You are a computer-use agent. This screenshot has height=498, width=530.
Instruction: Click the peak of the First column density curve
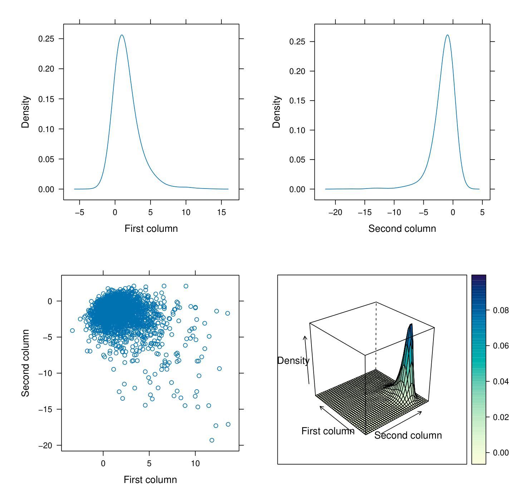coord(122,35)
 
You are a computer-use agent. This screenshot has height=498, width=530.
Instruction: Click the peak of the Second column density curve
coord(447,35)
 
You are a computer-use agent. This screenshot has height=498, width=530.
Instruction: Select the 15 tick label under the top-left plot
coord(221,212)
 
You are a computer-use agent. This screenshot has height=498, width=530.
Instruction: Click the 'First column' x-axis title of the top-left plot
coord(151,229)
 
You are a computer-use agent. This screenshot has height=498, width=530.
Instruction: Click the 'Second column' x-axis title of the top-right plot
coord(402,229)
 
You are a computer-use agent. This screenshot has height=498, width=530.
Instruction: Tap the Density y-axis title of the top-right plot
coord(276,112)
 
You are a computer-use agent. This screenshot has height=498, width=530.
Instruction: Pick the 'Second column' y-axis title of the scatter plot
coord(25,363)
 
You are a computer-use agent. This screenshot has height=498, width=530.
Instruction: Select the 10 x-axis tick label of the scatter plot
coord(195,463)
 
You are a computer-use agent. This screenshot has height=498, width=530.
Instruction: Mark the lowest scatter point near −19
coord(212,440)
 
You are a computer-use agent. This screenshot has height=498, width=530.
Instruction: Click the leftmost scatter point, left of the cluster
coord(73,331)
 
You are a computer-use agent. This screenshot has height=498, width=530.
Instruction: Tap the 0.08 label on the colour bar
coord(501,310)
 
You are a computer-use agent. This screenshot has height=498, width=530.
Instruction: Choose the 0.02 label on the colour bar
coord(501,417)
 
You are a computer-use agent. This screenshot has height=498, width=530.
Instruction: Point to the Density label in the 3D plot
coord(293,361)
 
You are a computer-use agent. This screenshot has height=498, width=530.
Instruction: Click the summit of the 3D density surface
coord(411,324)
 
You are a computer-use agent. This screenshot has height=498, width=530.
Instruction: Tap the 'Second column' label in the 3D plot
coord(408,435)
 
